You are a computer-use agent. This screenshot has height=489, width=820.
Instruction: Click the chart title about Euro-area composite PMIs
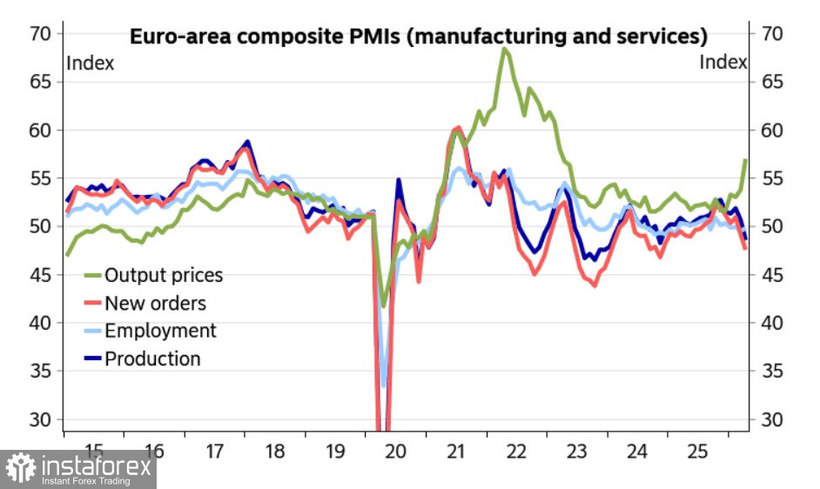pyautogui.click(x=418, y=37)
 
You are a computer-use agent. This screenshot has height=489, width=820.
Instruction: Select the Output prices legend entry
pyautogui.click(x=164, y=276)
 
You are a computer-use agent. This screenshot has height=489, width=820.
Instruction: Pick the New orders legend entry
pyautogui.click(x=155, y=304)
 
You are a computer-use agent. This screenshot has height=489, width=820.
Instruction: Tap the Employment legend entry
pyautogui.click(x=160, y=331)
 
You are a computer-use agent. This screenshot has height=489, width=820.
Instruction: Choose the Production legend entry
pyautogui.click(x=152, y=358)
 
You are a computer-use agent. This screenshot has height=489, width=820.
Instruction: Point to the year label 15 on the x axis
pyautogui.click(x=93, y=452)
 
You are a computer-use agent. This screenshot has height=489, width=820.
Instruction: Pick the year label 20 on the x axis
pyautogui.click(x=396, y=452)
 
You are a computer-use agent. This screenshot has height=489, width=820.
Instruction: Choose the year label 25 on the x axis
pyautogui.click(x=698, y=452)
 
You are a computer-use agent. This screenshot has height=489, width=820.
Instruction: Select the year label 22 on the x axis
pyautogui.click(x=516, y=452)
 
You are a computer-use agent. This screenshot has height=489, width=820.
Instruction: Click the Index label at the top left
pyautogui.click(x=90, y=63)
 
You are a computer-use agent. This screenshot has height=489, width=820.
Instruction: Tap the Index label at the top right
pyautogui.click(x=723, y=63)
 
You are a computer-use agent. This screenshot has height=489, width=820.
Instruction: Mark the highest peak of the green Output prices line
pyautogui.click(x=504, y=49)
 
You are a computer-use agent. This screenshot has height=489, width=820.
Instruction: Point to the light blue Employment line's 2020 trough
pyautogui.click(x=384, y=385)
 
